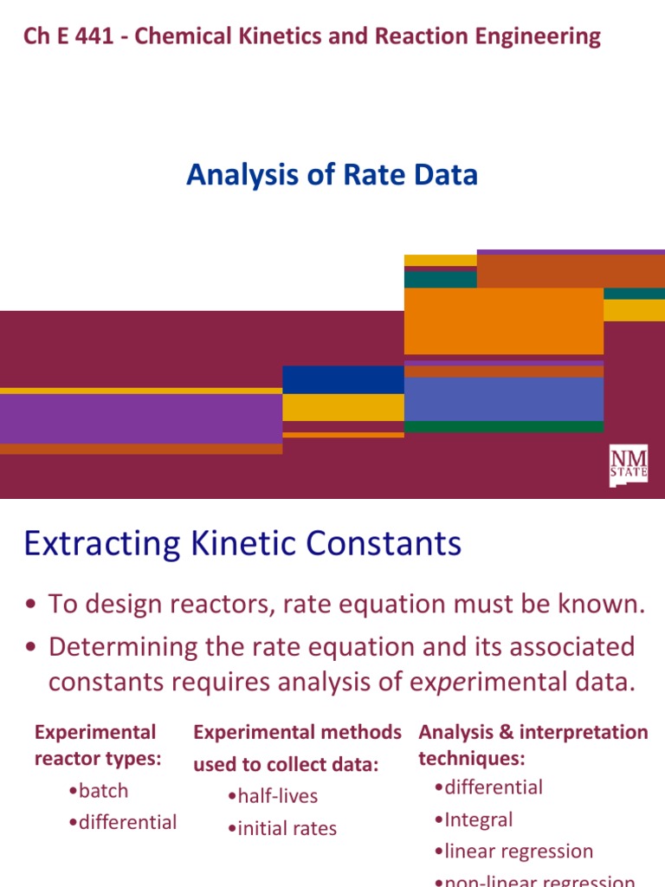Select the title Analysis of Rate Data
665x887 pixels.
(x=332, y=176)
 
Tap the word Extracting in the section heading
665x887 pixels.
(x=97, y=544)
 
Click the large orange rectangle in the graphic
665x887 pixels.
(x=503, y=320)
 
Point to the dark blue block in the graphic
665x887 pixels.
(x=343, y=379)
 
